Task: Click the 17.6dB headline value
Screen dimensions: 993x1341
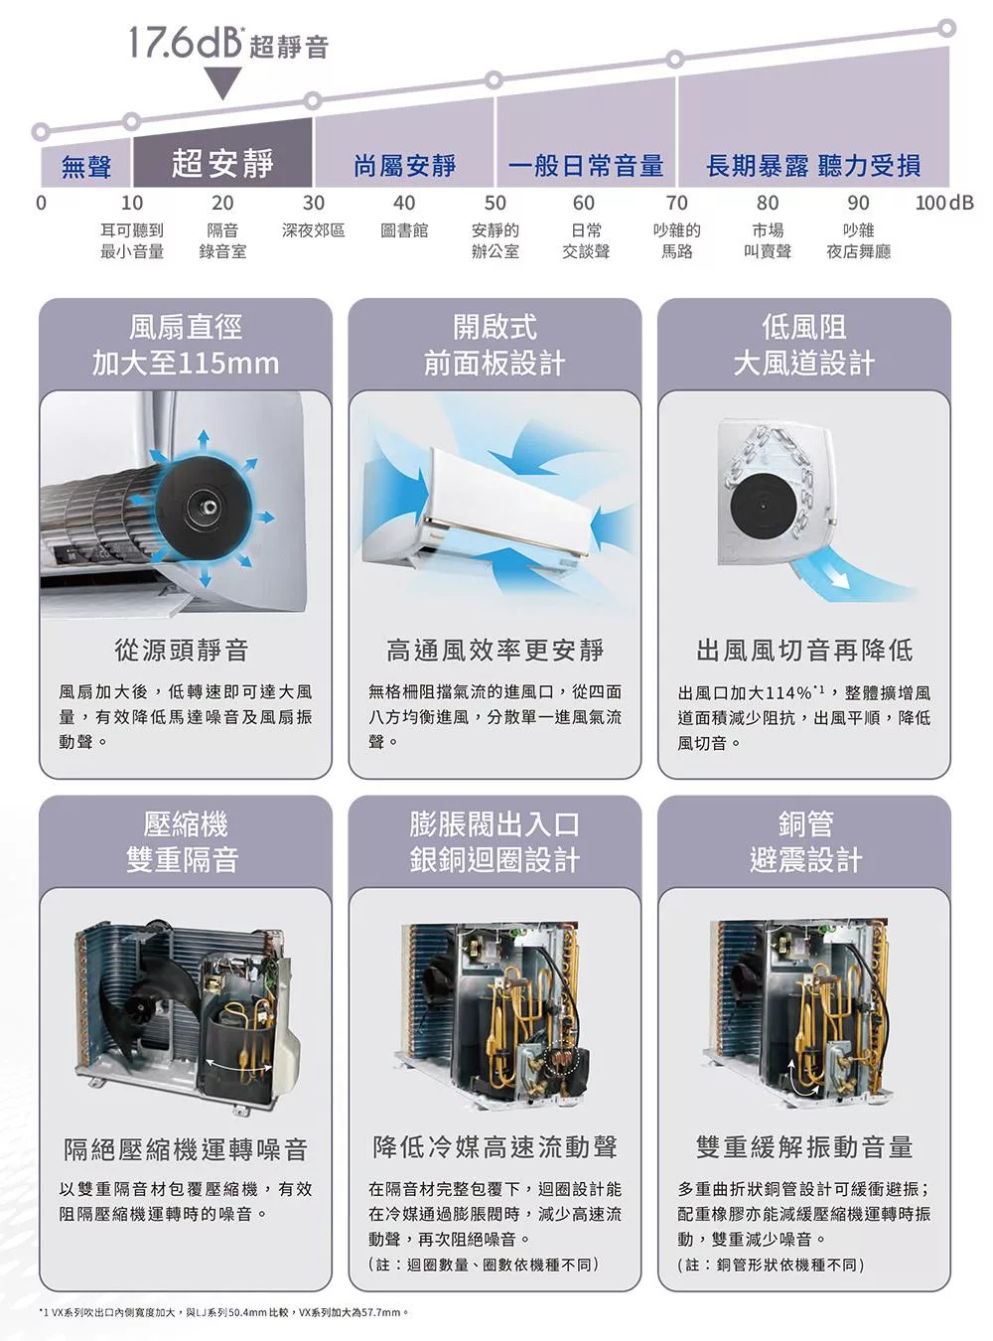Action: click(185, 43)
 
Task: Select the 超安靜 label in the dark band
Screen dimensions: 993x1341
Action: click(222, 163)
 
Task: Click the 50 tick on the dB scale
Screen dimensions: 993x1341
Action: click(495, 203)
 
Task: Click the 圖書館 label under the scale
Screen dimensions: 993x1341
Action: click(404, 230)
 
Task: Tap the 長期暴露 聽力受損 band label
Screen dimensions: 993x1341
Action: click(813, 166)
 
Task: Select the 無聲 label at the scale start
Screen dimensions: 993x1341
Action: click(85, 167)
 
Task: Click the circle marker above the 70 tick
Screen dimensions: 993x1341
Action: click(675, 60)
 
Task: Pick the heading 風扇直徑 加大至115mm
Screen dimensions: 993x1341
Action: click(186, 346)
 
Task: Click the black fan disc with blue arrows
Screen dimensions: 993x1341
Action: click(204, 506)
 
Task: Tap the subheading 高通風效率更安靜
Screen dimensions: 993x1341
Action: click(495, 650)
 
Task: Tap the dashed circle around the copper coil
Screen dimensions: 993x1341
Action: click(561, 1062)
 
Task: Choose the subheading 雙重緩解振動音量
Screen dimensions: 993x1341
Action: click(803, 1147)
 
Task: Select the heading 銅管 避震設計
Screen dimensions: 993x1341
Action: click(805, 841)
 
